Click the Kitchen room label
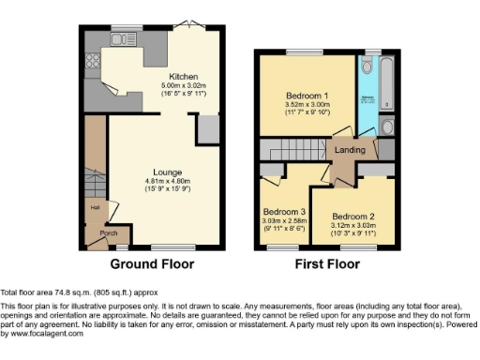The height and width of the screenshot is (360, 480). (184, 76)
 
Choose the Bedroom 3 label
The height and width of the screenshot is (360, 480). (283, 211)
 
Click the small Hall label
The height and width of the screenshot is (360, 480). (95, 208)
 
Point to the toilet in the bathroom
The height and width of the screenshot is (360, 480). (387, 127)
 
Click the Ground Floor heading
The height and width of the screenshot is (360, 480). (153, 264)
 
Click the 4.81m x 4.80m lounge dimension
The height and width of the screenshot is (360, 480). (168, 181)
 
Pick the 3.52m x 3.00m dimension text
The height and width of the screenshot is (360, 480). (307, 106)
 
